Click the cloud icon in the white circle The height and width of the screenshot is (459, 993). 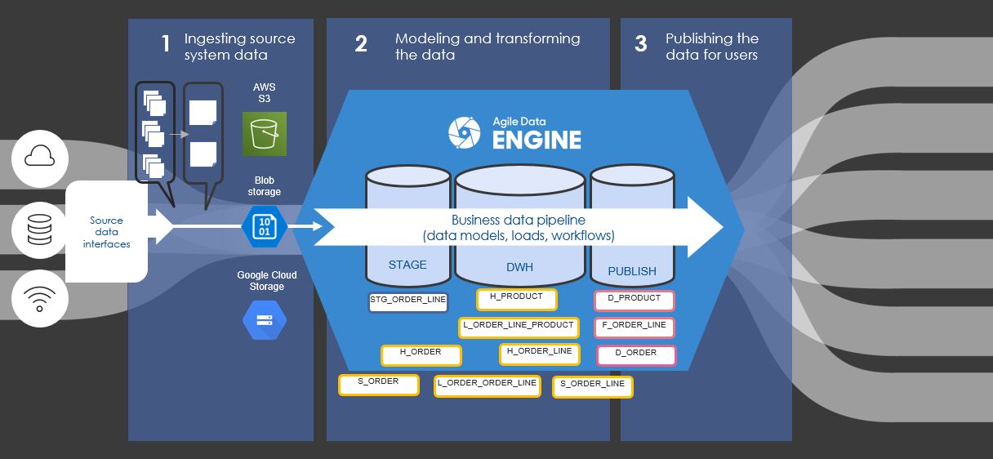click(40, 156)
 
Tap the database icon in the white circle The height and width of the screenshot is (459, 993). click(40, 229)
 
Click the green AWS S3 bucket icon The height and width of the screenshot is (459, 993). click(265, 134)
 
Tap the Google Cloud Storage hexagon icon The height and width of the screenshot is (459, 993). click(265, 320)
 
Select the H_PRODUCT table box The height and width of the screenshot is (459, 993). click(516, 299)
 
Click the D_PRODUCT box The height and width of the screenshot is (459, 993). click(635, 301)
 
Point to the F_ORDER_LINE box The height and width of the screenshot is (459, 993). click(635, 328)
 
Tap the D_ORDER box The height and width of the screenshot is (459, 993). click(636, 355)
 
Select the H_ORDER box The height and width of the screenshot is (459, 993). click(421, 354)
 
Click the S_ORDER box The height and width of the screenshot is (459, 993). click(378, 384)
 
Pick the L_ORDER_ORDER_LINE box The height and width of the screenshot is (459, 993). click(487, 385)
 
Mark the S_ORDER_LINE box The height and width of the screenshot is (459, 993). click(593, 386)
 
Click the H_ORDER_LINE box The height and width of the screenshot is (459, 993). click(539, 354)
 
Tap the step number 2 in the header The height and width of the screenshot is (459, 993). click(361, 44)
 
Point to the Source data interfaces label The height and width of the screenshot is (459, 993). click(106, 232)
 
